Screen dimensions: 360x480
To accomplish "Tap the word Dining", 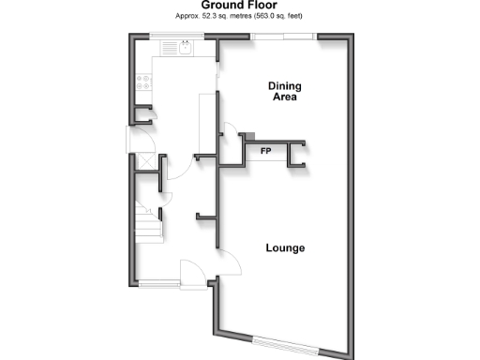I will (x=285, y=85).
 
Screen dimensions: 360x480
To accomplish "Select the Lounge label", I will (x=285, y=247).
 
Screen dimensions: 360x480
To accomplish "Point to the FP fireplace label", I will (x=266, y=151).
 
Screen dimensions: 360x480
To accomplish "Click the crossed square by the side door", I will (x=147, y=161).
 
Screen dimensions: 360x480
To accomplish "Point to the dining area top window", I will (x=284, y=37).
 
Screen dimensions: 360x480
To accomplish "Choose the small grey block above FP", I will (x=249, y=135).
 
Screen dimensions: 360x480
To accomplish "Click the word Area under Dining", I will (x=285, y=97).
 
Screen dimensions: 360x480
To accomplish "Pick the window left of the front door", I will (x=160, y=283).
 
